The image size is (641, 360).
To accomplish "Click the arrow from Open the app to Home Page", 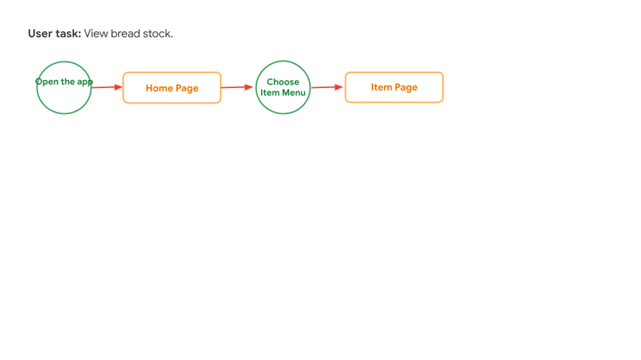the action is [107, 87].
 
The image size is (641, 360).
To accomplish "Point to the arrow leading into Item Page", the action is [328, 87].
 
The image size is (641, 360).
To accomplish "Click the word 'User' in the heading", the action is [40, 33].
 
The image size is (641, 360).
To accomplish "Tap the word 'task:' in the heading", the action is [68, 33].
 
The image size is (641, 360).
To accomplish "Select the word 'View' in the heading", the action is [96, 33].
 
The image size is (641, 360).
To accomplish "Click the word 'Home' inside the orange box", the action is [159, 88].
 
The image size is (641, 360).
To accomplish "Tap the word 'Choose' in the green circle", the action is [283, 82].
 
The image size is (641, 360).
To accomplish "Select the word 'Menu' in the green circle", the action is [294, 93].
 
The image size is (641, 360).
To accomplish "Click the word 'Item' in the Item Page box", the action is [381, 87].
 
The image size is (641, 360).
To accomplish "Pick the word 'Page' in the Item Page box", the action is [406, 87].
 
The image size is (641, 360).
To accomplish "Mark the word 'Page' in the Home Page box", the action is [187, 88].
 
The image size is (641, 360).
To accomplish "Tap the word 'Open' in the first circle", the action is [47, 82].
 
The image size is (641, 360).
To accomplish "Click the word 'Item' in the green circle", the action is [270, 93].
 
